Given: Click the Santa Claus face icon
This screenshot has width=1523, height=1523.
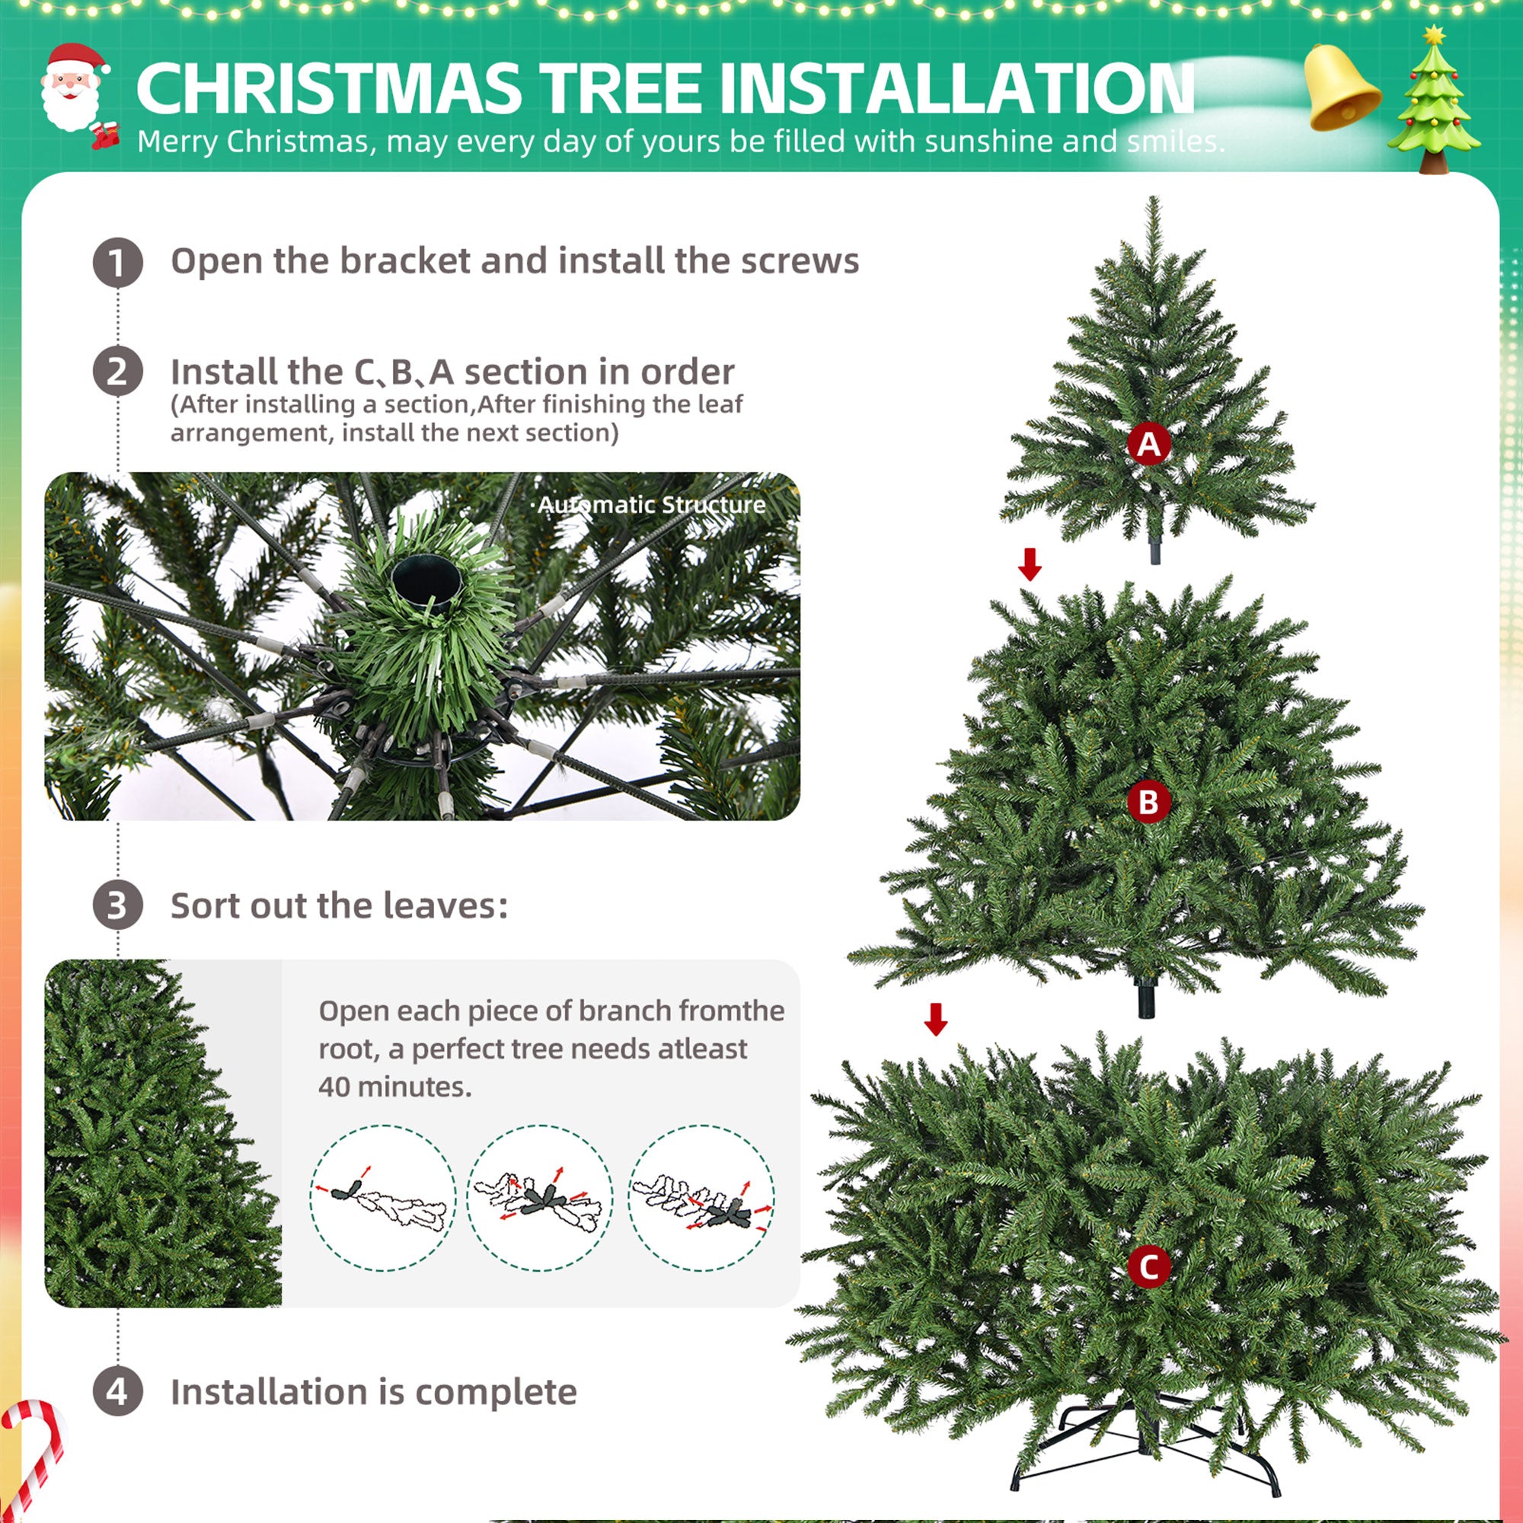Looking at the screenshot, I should [x=72, y=88].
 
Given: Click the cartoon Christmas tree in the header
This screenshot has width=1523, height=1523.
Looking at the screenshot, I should [x=1433, y=103].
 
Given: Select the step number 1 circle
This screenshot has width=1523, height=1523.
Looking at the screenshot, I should [x=117, y=263].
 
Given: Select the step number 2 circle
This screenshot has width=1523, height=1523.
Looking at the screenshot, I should [x=117, y=372].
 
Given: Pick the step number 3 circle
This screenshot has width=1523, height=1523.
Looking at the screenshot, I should [x=117, y=905].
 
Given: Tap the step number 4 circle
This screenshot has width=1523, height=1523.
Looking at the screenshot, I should [x=117, y=1391].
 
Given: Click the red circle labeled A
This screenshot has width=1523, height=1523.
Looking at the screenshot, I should [x=1148, y=444].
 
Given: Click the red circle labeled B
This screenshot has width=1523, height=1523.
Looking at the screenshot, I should [x=1148, y=803].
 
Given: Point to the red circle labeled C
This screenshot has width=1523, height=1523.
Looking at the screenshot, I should [x=1148, y=1268].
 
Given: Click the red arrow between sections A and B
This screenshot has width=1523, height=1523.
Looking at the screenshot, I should [x=1030, y=564].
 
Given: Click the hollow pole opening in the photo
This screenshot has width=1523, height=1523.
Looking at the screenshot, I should [x=426, y=584].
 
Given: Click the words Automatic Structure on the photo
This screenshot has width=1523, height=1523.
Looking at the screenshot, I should [x=651, y=505].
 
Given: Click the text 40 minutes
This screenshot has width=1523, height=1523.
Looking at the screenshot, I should [x=394, y=1087].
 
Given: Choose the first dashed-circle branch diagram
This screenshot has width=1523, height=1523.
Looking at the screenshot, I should [x=383, y=1198].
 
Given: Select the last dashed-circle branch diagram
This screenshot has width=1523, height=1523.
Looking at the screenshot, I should [x=701, y=1198].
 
